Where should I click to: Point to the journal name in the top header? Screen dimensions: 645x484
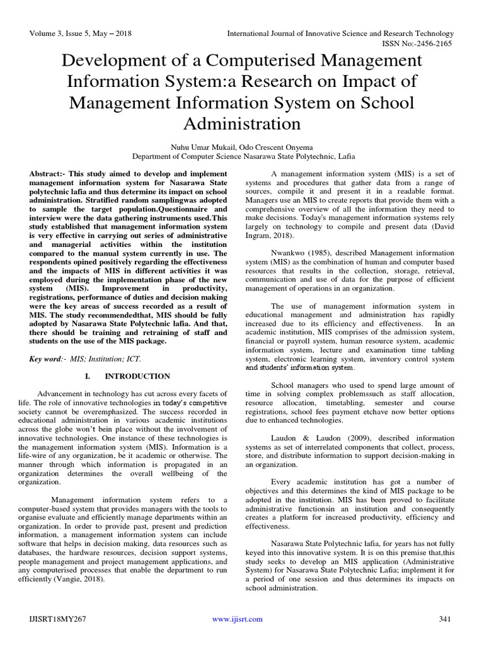(340, 33)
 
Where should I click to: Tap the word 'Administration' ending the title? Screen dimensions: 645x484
(242, 122)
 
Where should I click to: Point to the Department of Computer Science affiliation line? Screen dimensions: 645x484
(242, 156)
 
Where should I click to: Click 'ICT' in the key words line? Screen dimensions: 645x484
(134, 359)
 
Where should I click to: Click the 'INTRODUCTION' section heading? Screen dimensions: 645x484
(137, 377)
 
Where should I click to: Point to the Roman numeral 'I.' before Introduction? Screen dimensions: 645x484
(88, 377)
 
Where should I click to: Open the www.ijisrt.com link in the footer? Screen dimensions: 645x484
(237, 620)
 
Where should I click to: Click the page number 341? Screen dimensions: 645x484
(445, 620)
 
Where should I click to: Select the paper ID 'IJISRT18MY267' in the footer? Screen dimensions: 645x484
(55, 620)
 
